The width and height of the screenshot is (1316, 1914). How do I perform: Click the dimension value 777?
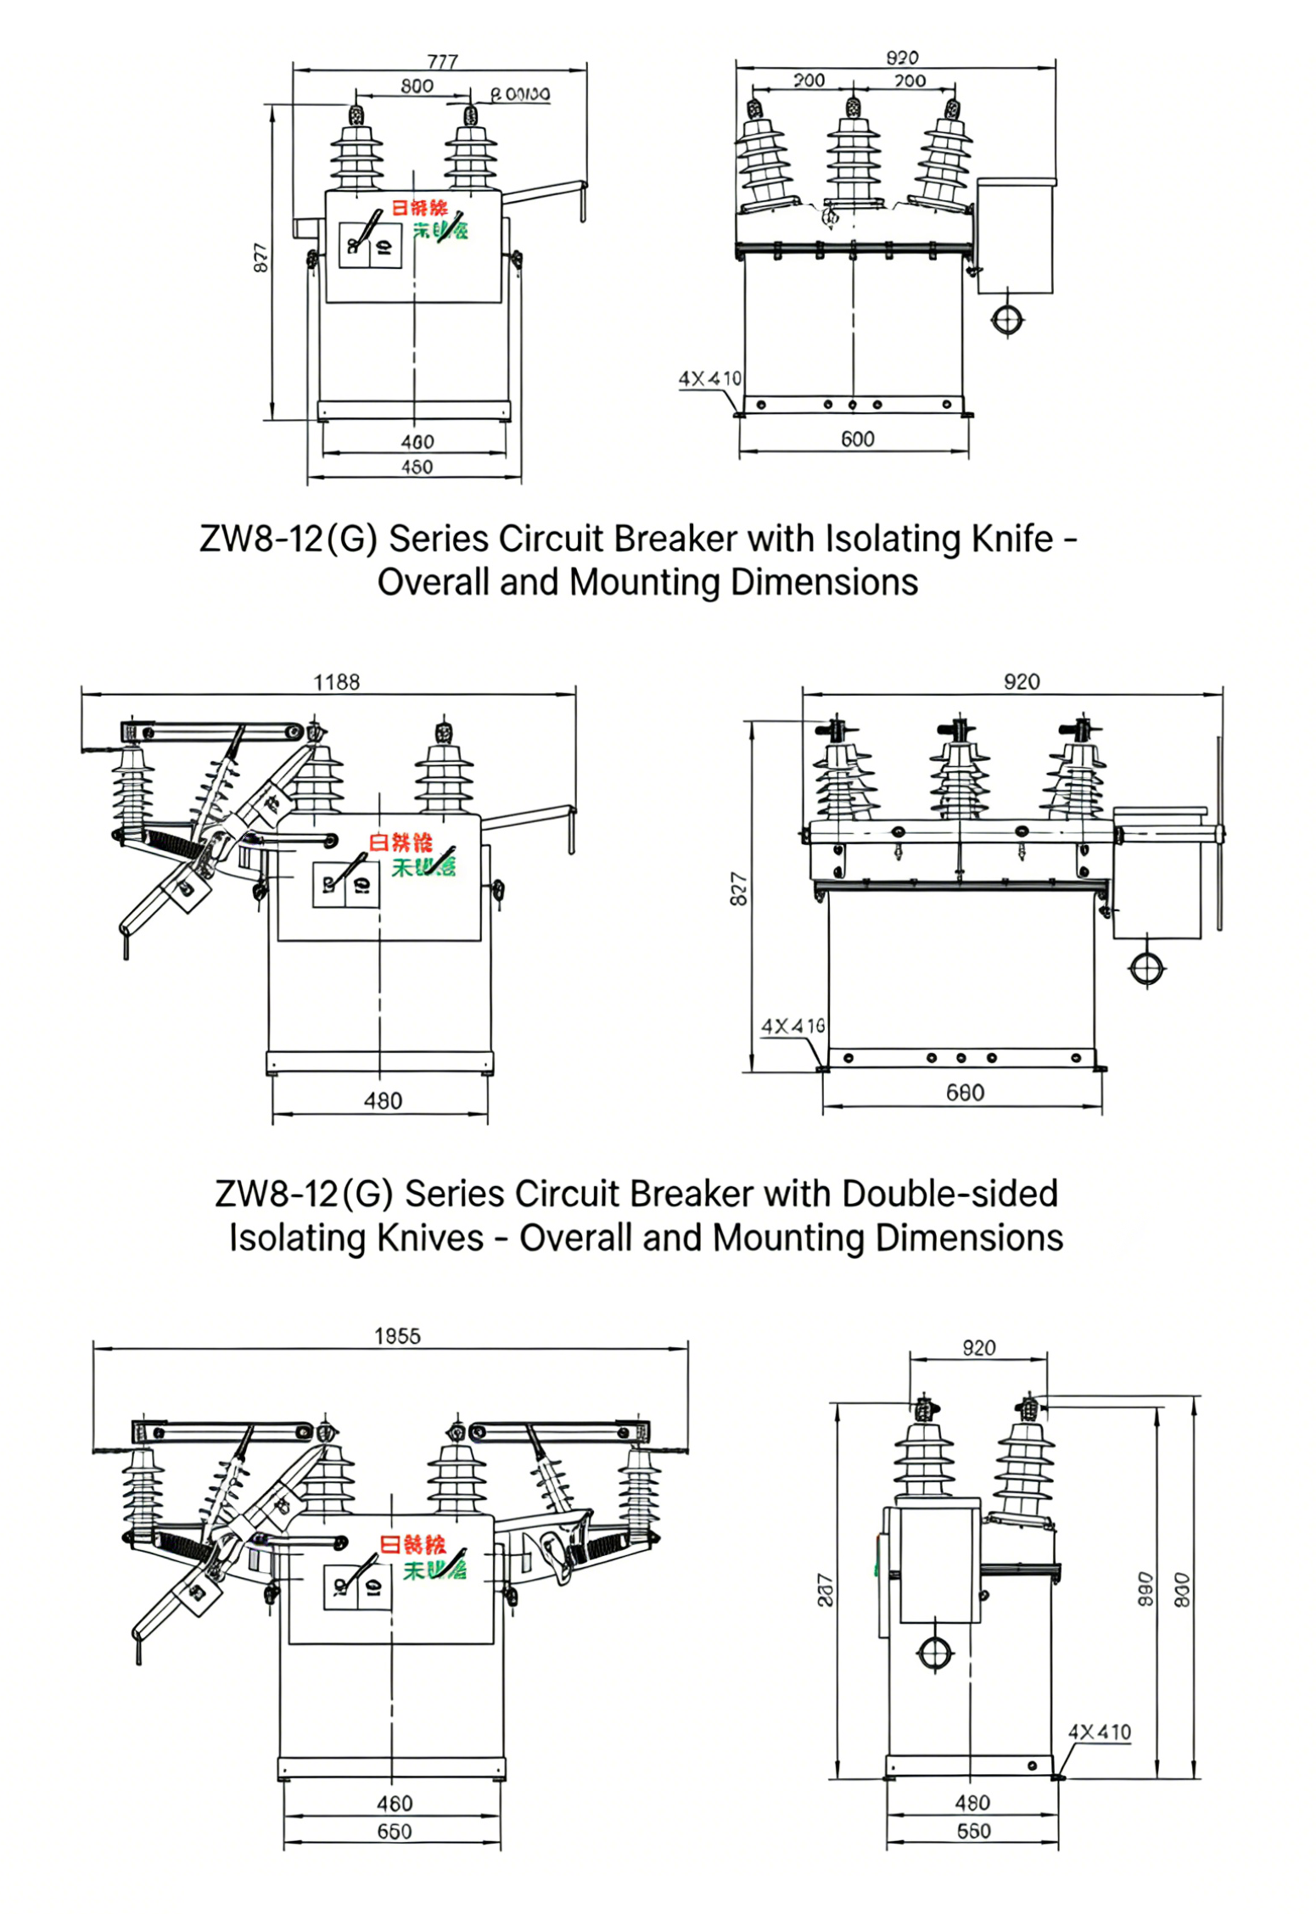tap(442, 61)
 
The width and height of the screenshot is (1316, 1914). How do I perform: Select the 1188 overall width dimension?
tap(337, 682)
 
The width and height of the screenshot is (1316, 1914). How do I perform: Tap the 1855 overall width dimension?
tap(397, 1336)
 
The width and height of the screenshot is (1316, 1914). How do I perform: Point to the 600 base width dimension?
tap(857, 439)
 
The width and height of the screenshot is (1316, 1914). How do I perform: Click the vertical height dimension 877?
tap(261, 258)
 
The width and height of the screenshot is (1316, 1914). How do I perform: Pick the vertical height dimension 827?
tap(739, 888)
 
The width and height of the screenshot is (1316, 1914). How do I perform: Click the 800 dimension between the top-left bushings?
tap(417, 86)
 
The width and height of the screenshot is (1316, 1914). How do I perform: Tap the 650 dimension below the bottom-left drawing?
tap(394, 1831)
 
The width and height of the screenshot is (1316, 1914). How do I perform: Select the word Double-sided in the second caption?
tap(949, 1194)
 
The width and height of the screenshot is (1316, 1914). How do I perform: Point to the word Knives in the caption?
tap(429, 1238)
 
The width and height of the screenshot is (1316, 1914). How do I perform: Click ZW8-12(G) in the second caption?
tap(304, 1194)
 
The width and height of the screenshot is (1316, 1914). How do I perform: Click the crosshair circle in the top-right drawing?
tap(1007, 320)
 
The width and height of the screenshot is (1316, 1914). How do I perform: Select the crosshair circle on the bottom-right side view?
tap(935, 1653)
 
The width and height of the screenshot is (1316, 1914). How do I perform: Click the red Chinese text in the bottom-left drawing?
tap(412, 1544)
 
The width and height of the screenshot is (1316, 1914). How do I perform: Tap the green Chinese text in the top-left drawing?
tap(440, 230)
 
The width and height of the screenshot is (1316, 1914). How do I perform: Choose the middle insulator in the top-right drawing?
tap(853, 157)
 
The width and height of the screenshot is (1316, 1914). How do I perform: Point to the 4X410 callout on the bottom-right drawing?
tap(1099, 1732)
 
